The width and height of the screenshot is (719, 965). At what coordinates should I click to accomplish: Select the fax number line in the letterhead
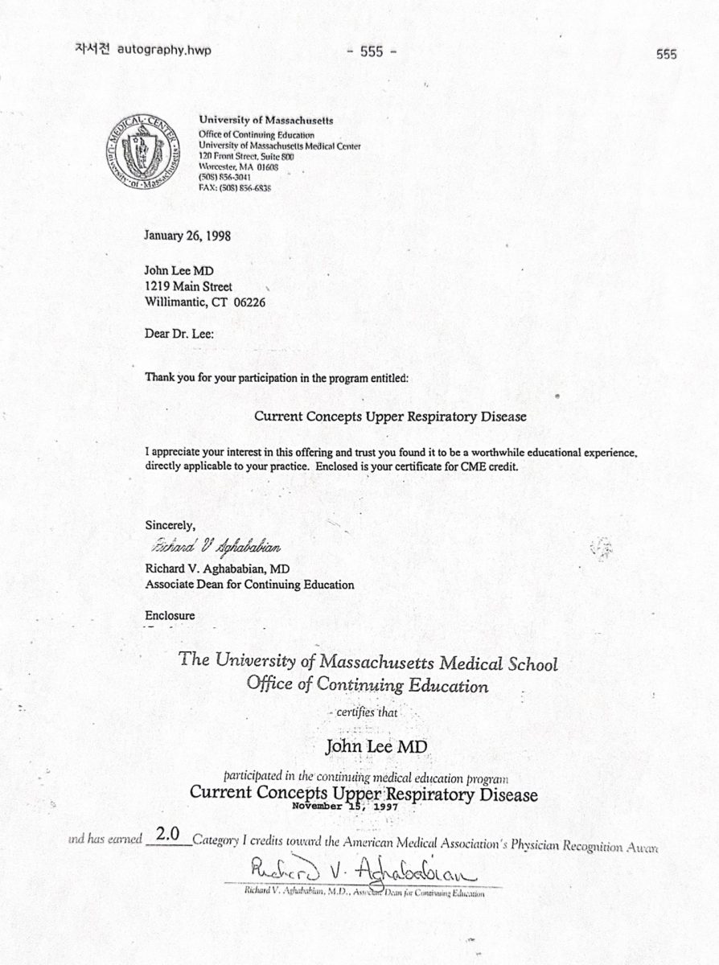(236, 188)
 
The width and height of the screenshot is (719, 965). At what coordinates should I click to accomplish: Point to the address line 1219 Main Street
(189, 287)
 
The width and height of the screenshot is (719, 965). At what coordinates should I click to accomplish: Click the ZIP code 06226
(248, 302)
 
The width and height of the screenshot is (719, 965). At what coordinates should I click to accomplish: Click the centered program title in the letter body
(390, 417)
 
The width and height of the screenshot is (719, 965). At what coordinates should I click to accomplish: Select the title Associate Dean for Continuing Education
(249, 585)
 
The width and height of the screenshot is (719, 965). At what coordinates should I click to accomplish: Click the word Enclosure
(170, 617)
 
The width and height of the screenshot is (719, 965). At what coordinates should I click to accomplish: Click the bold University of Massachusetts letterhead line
(266, 120)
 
